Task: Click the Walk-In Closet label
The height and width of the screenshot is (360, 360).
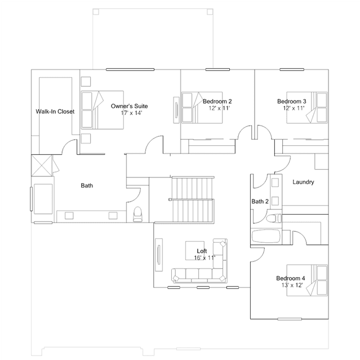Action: (55, 112)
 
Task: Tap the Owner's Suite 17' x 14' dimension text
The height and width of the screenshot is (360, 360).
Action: (132, 113)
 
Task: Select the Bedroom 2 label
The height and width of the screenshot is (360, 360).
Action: (217, 101)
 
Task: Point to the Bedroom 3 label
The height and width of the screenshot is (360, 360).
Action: (292, 101)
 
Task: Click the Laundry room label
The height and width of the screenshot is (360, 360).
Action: (303, 182)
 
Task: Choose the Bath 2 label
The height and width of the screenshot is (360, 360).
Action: (260, 201)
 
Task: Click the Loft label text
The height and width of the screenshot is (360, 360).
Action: (202, 251)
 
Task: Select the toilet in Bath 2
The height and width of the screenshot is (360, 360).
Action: (274, 218)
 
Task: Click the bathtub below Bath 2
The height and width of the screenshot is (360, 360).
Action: (266, 236)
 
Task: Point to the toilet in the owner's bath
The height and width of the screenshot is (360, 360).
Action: (138, 214)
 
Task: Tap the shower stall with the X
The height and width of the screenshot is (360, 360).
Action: (42, 166)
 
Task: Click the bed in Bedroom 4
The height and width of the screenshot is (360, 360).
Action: (307, 280)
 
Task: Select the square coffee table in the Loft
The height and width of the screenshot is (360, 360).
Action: (195, 251)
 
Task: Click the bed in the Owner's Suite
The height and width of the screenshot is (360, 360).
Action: (102, 110)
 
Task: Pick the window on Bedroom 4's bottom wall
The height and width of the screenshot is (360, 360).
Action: (290, 319)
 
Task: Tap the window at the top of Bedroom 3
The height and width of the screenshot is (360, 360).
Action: (292, 69)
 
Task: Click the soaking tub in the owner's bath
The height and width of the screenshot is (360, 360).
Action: (43, 199)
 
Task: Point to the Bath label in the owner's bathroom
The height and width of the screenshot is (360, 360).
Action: (87, 185)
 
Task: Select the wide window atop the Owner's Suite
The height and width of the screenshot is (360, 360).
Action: (130, 69)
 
